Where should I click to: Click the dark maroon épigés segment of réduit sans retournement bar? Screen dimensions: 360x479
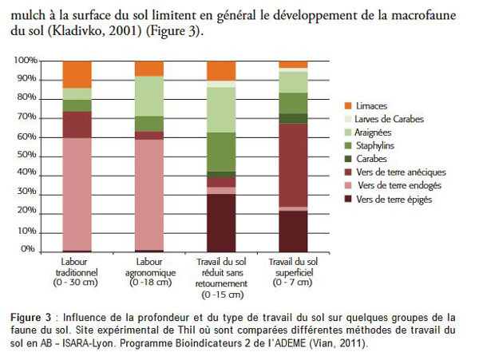tap(221, 223)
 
